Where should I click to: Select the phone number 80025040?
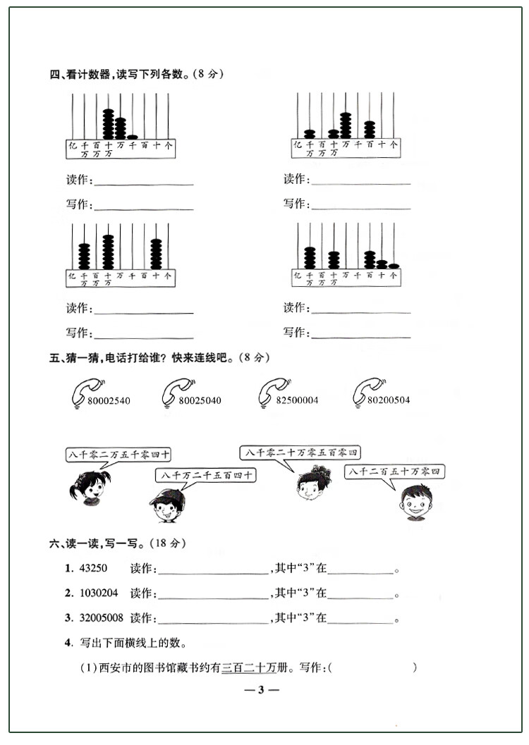(200, 400)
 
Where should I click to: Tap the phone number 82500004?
(297, 400)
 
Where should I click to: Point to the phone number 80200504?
(389, 400)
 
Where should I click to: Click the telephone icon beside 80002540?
(85, 392)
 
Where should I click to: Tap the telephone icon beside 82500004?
(272, 392)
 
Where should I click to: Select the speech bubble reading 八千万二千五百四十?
(205, 476)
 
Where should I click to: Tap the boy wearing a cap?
(167, 504)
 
